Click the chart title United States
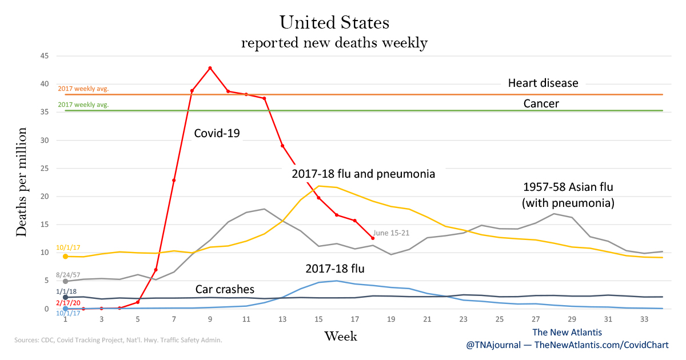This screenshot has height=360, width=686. tap(334, 23)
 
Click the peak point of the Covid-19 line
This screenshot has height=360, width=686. tap(210, 68)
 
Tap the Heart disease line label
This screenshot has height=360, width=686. tap(543, 83)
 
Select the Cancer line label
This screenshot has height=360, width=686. tap(541, 104)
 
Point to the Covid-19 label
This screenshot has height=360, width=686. tap(217, 134)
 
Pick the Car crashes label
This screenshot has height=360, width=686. tap(225, 289)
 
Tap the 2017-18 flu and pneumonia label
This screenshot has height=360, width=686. tap(364, 174)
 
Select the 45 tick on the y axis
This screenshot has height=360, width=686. tap(45, 56)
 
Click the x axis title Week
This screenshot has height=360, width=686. tap(341, 336)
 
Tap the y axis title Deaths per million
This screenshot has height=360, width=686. tap(22, 182)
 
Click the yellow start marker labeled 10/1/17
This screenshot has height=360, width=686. tap(66, 257)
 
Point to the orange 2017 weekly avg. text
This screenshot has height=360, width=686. tap(83, 89)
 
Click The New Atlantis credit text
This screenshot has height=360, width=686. tap(567, 332)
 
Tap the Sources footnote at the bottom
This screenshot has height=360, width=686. tap(118, 340)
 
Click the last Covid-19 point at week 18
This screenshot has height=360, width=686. tap(373, 238)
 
